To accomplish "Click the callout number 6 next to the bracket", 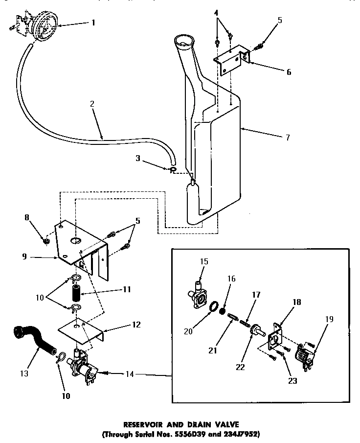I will (289, 72).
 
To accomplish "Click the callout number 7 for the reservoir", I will (287, 138).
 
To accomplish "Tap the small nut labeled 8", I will (46, 241).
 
